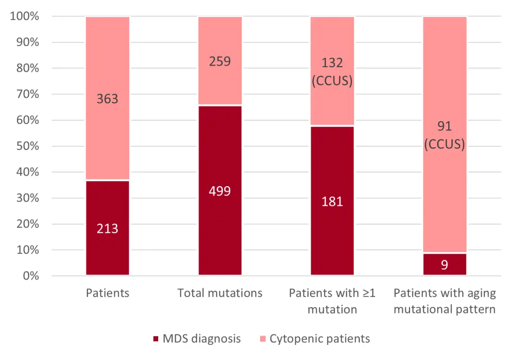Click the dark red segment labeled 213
click(x=108, y=228)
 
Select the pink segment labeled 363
click(x=108, y=98)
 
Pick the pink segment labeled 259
click(x=220, y=61)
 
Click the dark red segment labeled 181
click(x=332, y=201)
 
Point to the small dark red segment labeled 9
click(x=445, y=264)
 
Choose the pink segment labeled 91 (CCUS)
click(x=445, y=134)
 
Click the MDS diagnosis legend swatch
click(x=156, y=339)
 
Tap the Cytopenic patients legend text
click(x=320, y=339)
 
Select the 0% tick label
click(x=31, y=276)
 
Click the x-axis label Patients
click(x=108, y=293)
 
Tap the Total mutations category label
click(x=220, y=293)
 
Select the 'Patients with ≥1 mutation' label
click(x=332, y=301)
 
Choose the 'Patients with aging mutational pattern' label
click(x=445, y=301)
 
